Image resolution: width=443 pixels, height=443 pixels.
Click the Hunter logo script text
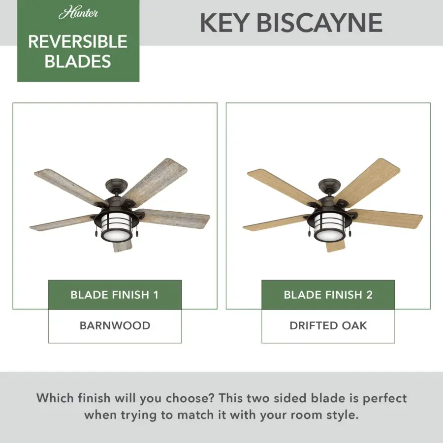78,13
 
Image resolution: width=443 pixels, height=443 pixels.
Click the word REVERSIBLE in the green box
78,42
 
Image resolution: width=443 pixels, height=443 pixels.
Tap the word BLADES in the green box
78,61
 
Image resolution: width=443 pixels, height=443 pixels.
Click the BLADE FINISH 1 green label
115,295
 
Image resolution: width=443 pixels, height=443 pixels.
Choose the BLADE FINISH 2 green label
328,295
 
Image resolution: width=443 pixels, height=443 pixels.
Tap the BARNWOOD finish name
115,325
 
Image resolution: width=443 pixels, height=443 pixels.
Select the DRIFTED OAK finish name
328,325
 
